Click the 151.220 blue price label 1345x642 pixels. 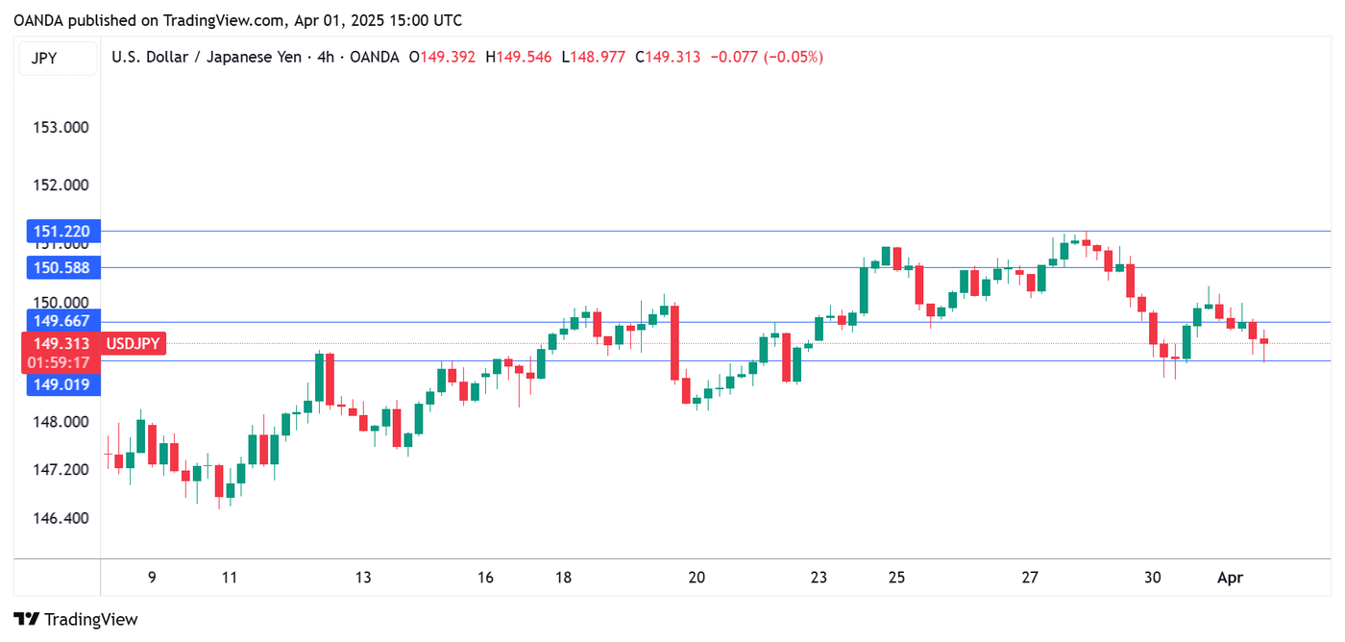[61, 231]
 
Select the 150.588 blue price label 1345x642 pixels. [61, 268]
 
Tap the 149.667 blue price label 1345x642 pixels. [61, 322]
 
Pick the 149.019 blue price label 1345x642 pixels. [61, 384]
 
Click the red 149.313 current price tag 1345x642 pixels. [61, 343]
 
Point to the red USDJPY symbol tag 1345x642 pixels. [133, 343]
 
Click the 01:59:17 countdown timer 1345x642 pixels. [61, 362]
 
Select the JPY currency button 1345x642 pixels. [44, 58]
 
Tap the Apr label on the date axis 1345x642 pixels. [1230, 578]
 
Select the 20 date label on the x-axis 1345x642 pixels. [697, 578]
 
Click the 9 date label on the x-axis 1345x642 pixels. [152, 578]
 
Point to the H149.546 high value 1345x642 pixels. [519, 58]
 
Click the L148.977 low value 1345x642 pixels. [594, 58]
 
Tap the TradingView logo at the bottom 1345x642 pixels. [77, 620]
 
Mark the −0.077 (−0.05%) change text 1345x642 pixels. [767, 58]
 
